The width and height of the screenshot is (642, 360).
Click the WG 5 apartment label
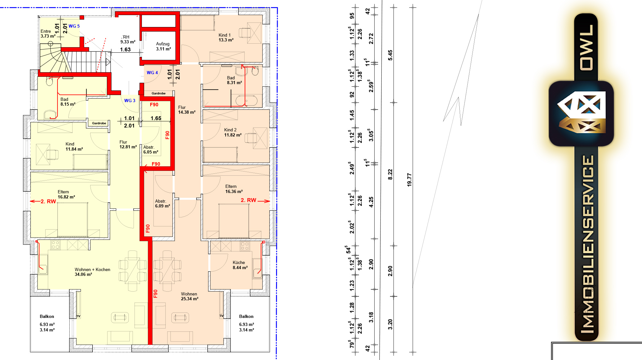click(x=74, y=26)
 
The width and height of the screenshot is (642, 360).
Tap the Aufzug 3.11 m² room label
click(x=163, y=46)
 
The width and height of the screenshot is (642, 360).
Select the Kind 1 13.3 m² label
click(x=226, y=38)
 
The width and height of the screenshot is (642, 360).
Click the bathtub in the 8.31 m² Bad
click(x=246, y=100)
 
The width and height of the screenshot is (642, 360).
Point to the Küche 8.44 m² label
click(x=240, y=265)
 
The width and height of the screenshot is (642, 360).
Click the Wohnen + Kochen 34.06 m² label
click(x=92, y=272)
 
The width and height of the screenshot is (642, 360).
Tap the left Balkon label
click(x=47, y=317)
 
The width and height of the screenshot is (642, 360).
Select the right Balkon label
click(x=246, y=317)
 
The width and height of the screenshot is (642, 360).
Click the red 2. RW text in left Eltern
click(x=48, y=202)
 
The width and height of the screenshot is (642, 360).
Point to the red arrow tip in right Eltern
click(x=270, y=201)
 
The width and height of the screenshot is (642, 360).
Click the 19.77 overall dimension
click(x=409, y=180)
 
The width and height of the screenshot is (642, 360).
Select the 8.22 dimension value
click(x=390, y=174)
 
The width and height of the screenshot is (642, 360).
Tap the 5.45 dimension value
click(x=390, y=55)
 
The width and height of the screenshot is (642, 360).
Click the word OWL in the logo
click(x=586, y=47)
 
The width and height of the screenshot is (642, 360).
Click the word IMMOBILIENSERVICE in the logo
click(x=587, y=244)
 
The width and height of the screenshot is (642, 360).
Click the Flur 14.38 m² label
click(x=187, y=110)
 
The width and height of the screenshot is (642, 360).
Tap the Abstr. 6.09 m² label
click(x=162, y=204)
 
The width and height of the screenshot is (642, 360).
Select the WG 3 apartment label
click(x=130, y=101)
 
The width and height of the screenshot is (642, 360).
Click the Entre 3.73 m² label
click(x=48, y=34)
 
